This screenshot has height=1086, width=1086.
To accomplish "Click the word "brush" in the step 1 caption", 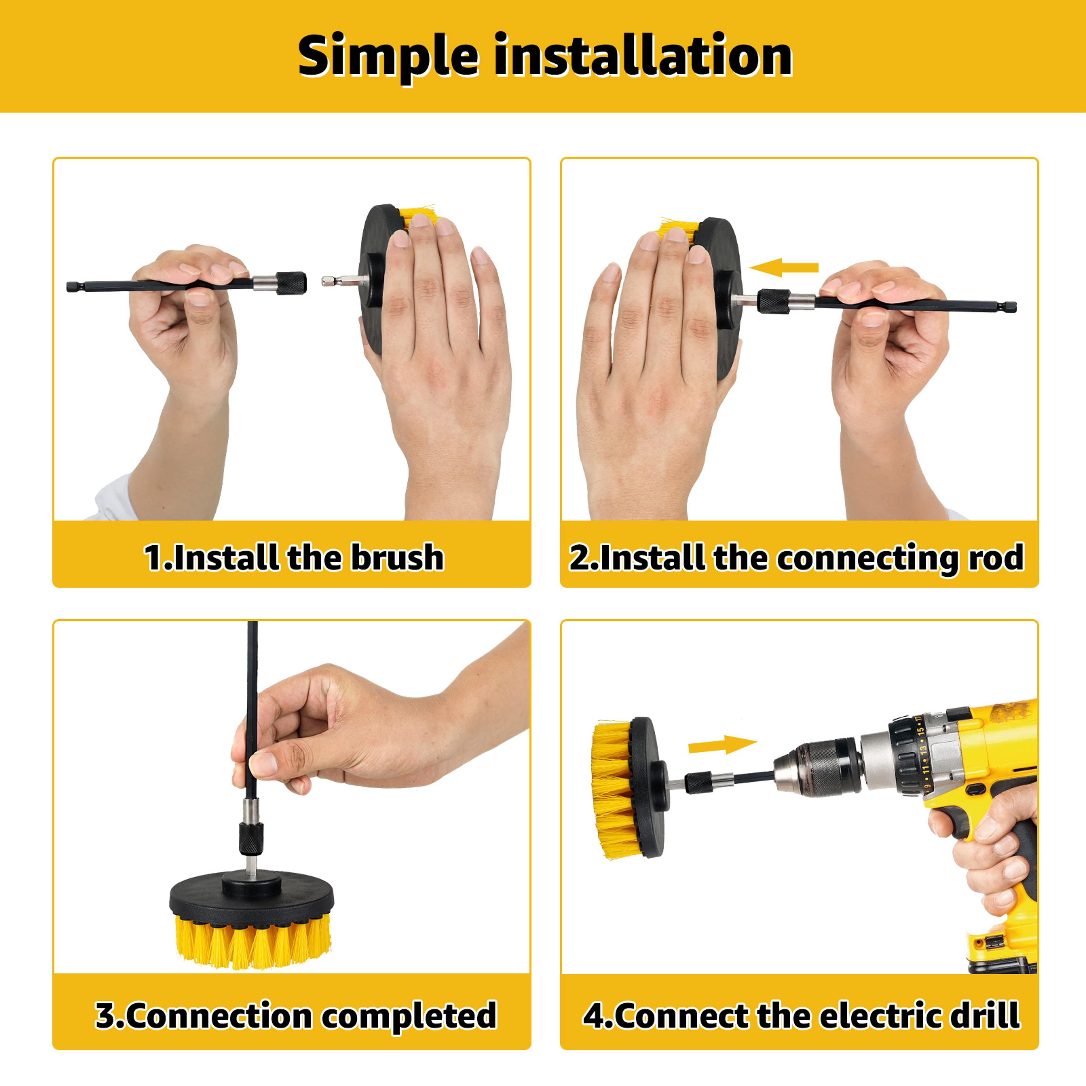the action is click(397, 557).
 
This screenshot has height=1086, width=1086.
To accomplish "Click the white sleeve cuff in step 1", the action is click(115, 499).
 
